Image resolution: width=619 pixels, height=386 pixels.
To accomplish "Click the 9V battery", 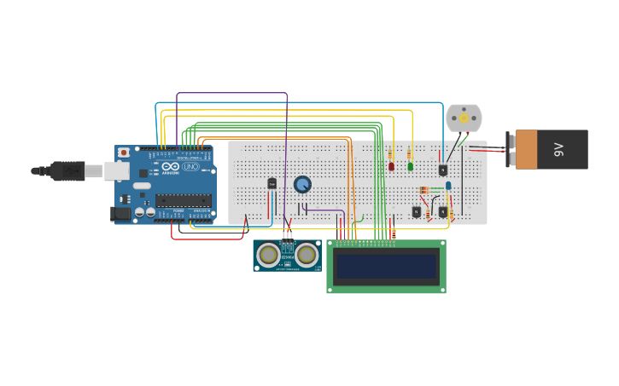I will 551,149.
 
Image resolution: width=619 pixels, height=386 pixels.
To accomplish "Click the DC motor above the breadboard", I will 464,118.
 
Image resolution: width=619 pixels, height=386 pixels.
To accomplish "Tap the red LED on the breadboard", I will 392,166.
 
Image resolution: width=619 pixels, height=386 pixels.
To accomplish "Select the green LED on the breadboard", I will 410,166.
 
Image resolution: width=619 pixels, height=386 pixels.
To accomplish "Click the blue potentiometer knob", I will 302,184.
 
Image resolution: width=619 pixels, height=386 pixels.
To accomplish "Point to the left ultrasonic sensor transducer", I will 269,254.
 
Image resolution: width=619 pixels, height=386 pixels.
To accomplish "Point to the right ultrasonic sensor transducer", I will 307,254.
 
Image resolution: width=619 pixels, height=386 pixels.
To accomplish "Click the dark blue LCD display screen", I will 387,267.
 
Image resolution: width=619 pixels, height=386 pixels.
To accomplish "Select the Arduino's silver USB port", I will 116,171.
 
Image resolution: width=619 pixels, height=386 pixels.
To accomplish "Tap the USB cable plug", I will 68,171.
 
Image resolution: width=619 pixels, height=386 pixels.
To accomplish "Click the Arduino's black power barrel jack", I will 121,213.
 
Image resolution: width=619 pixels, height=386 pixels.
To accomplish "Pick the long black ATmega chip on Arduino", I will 183,200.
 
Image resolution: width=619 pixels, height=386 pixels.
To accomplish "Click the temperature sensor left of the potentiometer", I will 272,183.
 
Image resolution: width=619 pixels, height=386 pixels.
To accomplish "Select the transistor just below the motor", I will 443,170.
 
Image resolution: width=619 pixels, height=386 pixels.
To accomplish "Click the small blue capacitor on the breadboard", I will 448,185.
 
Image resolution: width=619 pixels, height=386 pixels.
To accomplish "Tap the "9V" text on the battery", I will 560,149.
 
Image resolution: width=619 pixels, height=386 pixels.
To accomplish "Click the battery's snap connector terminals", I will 510,149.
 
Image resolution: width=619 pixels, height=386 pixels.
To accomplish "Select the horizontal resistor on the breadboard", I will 424,189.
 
